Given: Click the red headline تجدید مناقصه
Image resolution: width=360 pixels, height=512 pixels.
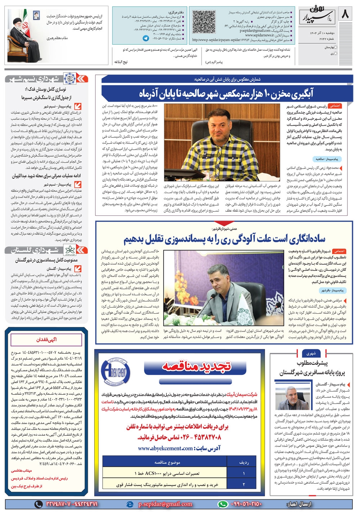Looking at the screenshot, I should pyautogui.click(x=196, y=366).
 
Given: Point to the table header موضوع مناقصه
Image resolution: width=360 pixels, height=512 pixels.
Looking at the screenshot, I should pyautogui.click(x=167, y=462).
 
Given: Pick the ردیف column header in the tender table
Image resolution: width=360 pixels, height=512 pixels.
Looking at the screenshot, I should pyautogui.click(x=244, y=462).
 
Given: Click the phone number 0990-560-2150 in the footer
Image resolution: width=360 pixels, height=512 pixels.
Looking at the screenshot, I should pyautogui.click(x=240, y=504).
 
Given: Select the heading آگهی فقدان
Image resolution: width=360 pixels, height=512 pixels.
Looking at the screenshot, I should pyautogui.click(x=46, y=339).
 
